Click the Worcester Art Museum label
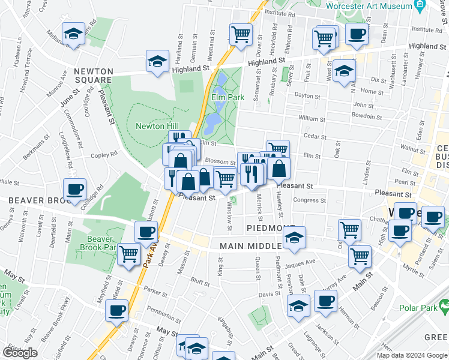369,6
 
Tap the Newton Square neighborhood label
93,76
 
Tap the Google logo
20,353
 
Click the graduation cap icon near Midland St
73,34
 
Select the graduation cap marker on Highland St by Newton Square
157,62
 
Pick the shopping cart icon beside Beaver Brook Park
129,254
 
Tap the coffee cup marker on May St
116,310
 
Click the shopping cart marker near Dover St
241,35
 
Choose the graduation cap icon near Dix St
344,71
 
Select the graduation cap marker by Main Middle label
294,238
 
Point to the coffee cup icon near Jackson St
325,301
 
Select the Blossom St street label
220,162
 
